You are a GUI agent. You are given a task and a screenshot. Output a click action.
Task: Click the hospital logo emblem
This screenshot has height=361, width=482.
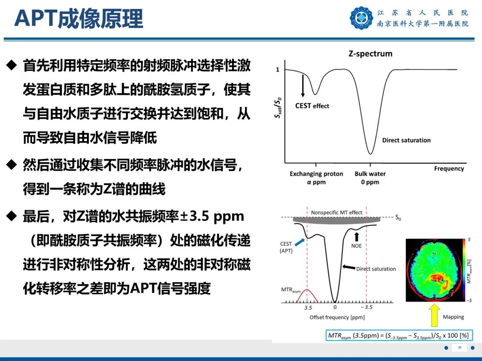(x=361, y=18)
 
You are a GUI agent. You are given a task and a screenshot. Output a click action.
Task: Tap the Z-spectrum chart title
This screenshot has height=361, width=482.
(x=370, y=53)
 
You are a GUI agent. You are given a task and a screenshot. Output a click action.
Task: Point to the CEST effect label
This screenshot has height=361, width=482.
(x=312, y=106)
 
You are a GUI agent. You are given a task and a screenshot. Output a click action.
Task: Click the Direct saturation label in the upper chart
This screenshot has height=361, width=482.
(x=406, y=140)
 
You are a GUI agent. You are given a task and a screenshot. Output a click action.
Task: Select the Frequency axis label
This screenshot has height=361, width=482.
(x=449, y=168)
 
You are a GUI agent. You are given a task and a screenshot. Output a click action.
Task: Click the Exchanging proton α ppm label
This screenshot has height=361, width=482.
(x=316, y=178)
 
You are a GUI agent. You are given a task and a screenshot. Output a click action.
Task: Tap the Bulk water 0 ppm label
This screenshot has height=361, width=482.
(x=370, y=178)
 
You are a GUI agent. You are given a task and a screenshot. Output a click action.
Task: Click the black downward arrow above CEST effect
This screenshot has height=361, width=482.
(x=303, y=85)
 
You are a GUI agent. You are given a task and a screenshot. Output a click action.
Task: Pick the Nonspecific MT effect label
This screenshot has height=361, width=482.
(x=337, y=213)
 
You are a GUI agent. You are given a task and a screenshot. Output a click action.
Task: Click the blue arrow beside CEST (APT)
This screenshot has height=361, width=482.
(x=300, y=242)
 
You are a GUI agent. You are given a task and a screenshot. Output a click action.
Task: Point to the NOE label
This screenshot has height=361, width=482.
(x=356, y=246)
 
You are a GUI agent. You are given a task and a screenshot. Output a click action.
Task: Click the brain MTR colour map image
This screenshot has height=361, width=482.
(x=435, y=270)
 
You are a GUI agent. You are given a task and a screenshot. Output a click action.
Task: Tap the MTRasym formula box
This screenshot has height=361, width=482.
(x=398, y=335)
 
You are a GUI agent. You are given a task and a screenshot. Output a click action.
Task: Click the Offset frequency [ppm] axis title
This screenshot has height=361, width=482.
(x=337, y=317)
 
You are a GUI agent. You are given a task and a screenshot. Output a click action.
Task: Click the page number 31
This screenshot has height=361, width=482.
(x=459, y=348)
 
